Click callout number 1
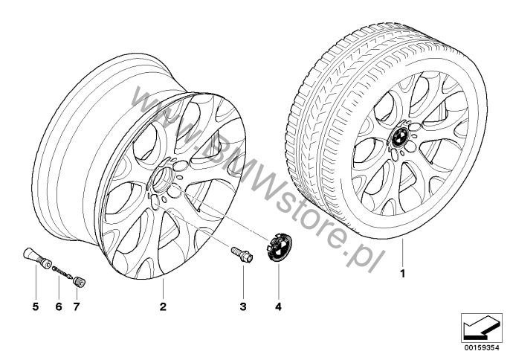403,274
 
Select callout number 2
163,306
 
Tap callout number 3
243,306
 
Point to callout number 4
278,306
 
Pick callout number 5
36,306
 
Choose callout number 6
59,306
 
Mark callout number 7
77,306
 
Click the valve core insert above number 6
62,272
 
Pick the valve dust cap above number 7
79,281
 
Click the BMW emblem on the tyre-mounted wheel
400,137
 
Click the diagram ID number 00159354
482,347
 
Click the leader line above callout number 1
402,253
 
